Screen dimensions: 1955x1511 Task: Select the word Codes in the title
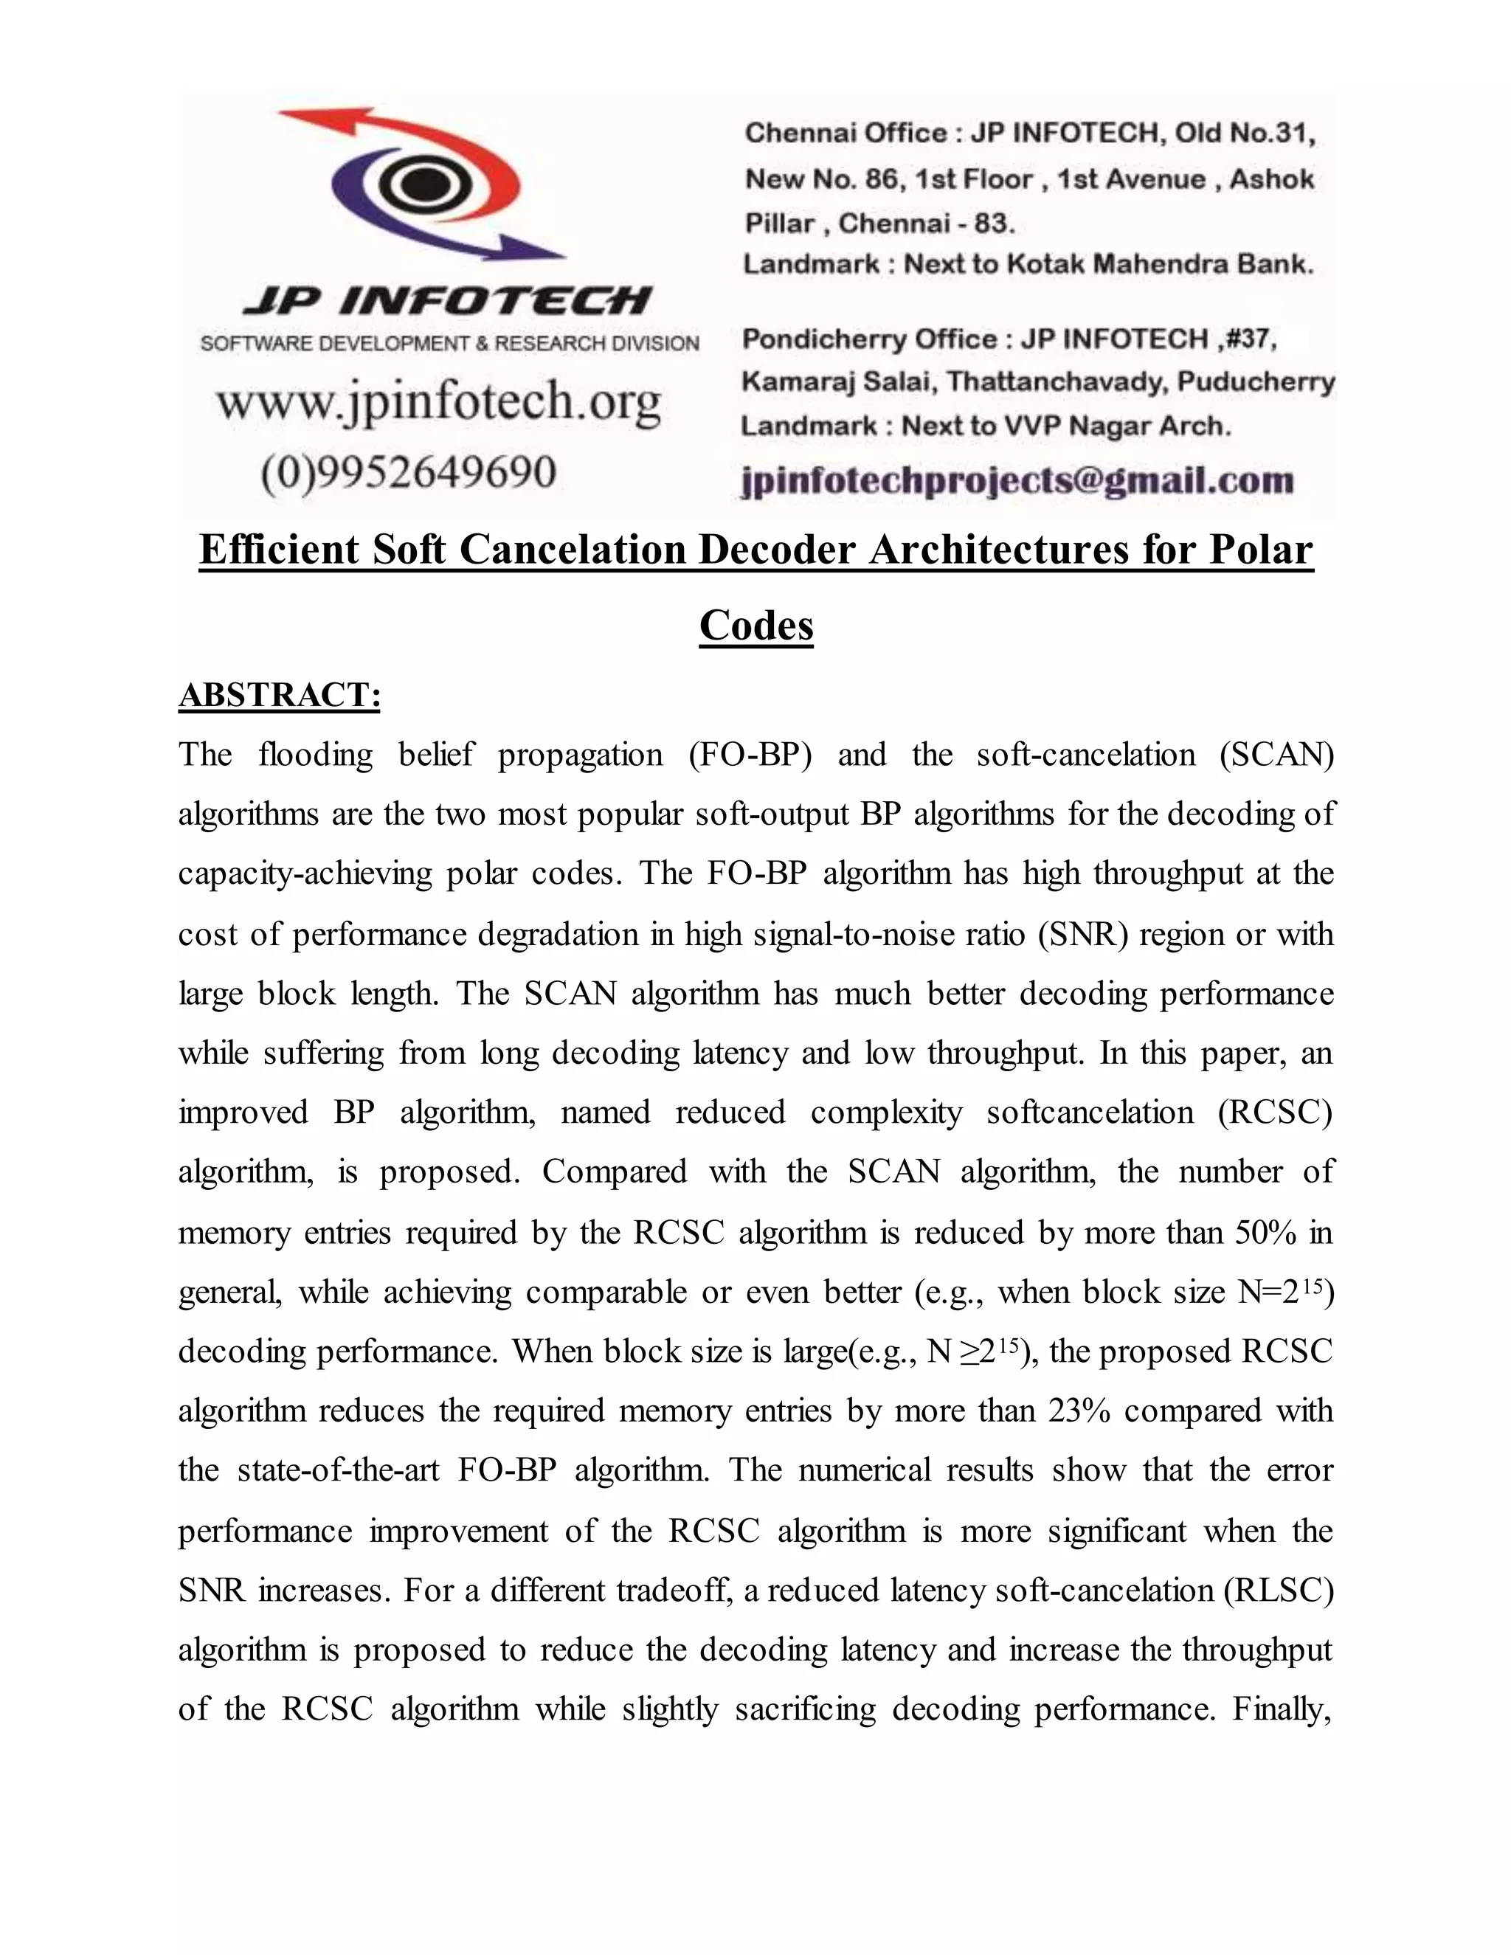755,625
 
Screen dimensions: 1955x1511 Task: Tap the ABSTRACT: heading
280,696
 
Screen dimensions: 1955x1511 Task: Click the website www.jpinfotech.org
439,401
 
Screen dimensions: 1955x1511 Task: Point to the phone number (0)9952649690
408,471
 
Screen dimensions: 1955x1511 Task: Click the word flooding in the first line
315,755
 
